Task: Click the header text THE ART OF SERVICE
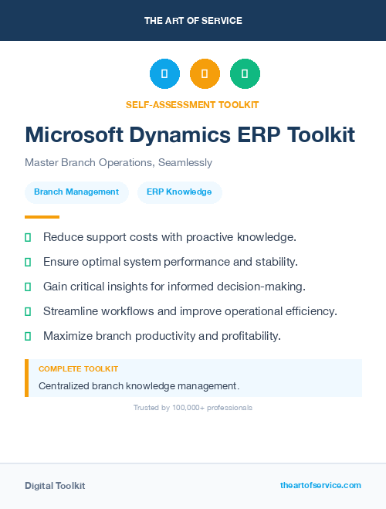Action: coord(193,21)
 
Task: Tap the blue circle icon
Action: coord(164,73)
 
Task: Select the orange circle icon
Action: coord(205,73)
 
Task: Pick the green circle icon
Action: coord(245,73)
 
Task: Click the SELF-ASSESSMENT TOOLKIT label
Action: coord(192,104)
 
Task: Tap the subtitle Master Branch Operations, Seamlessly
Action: coord(118,163)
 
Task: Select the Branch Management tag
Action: coord(76,192)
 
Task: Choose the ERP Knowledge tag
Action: coord(179,192)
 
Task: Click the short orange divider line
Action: coord(42,217)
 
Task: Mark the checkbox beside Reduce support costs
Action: coord(28,237)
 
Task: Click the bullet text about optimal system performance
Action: coord(171,262)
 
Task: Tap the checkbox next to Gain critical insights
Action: coord(28,287)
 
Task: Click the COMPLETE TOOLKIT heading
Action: coord(78,369)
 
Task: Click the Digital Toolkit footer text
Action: coord(55,485)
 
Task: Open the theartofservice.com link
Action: coord(320,485)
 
